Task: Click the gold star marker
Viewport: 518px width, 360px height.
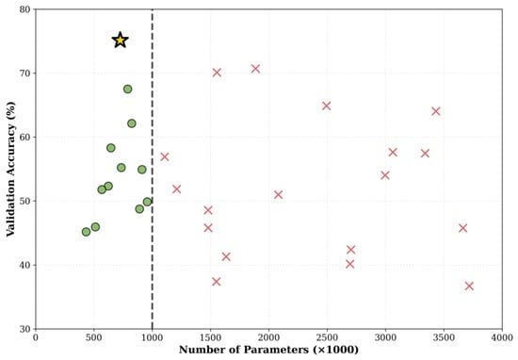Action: (120, 41)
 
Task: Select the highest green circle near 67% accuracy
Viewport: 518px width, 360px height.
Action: (127, 89)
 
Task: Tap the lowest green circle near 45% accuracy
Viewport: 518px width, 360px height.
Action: (86, 232)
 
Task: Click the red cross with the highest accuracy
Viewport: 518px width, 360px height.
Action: (255, 69)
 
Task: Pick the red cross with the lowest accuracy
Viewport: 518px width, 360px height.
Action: (469, 286)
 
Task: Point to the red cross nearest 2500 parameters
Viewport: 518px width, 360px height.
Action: (327, 106)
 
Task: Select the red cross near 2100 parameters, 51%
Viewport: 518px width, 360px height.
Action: (278, 194)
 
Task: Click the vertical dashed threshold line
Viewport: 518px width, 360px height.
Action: (153, 169)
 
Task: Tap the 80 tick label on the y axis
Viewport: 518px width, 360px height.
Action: (24, 9)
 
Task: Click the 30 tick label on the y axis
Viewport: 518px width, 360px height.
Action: (24, 329)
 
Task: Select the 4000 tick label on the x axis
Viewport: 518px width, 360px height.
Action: (502, 337)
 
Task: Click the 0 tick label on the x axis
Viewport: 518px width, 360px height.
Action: (36, 337)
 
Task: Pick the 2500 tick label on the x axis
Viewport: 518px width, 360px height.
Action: (327, 337)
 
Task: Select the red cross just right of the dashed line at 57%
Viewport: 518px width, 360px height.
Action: (165, 156)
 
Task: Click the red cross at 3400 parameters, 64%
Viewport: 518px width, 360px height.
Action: (436, 111)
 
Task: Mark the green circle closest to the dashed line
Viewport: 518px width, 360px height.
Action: (147, 202)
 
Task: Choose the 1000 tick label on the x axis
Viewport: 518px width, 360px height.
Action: (153, 337)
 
